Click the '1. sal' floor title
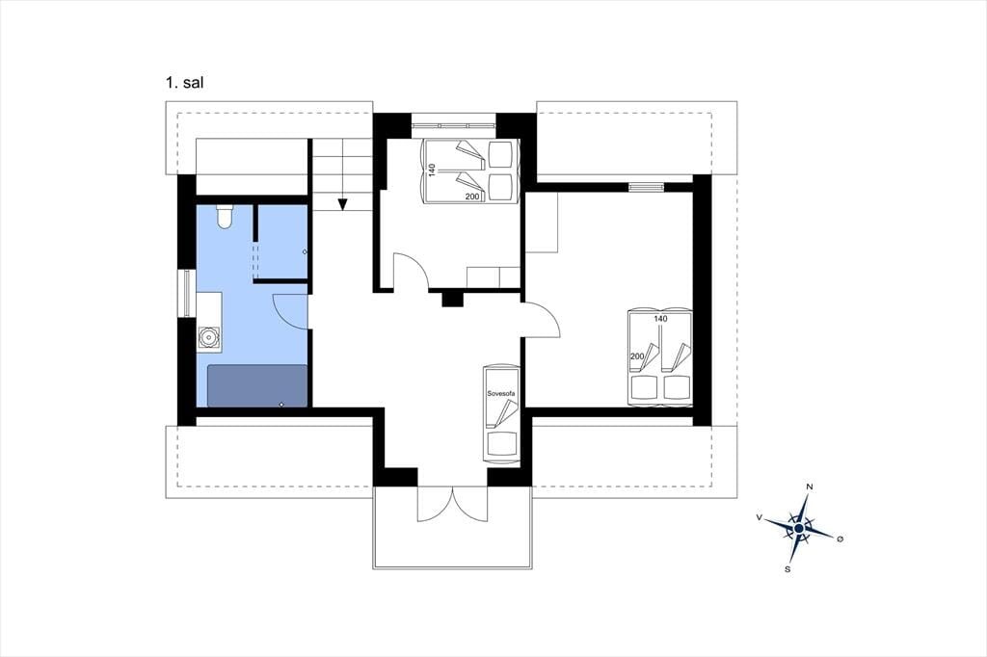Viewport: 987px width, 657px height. [x=184, y=83]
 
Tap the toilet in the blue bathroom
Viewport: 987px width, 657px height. [x=225, y=216]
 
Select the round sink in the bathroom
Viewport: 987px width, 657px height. [x=208, y=337]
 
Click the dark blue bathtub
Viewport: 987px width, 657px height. [x=257, y=385]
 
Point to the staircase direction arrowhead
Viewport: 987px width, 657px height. [x=342, y=204]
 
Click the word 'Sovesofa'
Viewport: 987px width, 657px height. [x=501, y=393]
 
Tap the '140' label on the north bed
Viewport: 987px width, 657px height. [x=432, y=170]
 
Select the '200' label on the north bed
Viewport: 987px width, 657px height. [x=472, y=197]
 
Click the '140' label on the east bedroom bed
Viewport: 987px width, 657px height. [x=660, y=319]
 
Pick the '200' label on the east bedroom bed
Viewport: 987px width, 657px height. [x=637, y=356]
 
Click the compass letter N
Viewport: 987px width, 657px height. [x=810, y=486]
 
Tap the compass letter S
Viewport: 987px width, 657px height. [x=787, y=569]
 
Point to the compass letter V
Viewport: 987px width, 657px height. [x=760, y=517]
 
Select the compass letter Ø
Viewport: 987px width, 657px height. [x=840, y=539]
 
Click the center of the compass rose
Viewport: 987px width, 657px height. [x=799, y=529]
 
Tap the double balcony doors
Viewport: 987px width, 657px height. [x=452, y=504]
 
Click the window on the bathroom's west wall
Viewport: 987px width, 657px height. [x=187, y=293]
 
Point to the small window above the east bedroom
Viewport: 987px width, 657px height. [x=646, y=186]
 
